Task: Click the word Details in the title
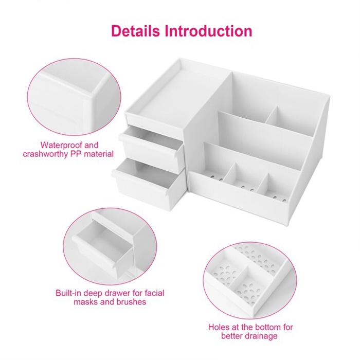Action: tap(135, 31)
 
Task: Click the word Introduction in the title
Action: tap(208, 31)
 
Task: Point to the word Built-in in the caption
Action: tap(68, 293)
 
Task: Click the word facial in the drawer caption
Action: tap(155, 293)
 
